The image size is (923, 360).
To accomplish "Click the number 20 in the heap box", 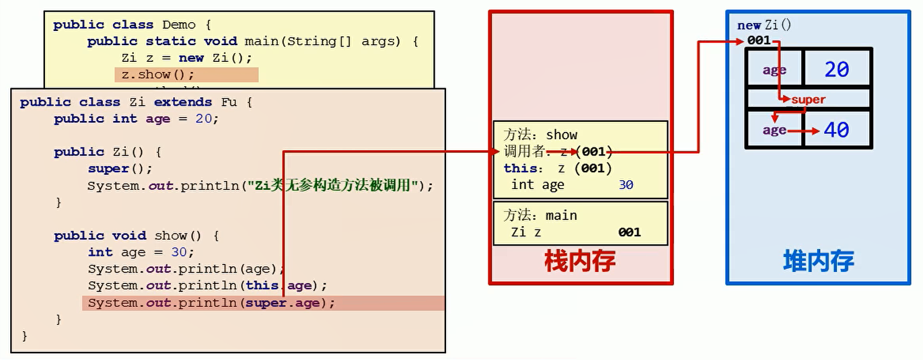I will coord(836,69).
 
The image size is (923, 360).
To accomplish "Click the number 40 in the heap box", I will coord(836,130).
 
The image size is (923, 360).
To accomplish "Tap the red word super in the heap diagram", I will coord(808,100).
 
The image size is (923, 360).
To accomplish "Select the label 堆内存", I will coord(818,260).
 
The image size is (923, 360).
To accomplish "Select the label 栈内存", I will coord(580,260).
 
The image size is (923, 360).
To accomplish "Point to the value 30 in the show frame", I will coord(626,184).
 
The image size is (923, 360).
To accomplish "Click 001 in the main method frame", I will coord(629,232).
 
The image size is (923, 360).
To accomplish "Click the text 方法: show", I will coord(541,135).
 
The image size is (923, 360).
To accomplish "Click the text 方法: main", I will coord(541,215).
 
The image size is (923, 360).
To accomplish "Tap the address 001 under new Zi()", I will coord(759,40).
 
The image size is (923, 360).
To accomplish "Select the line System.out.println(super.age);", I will coord(211,303).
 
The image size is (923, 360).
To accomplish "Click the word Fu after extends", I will coord(229,102).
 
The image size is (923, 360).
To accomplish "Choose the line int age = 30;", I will coord(141,252).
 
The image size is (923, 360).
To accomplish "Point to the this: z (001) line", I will coord(558,168).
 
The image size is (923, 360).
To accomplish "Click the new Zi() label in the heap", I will coord(764,25).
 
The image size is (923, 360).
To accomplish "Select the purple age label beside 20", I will coord(774,70).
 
